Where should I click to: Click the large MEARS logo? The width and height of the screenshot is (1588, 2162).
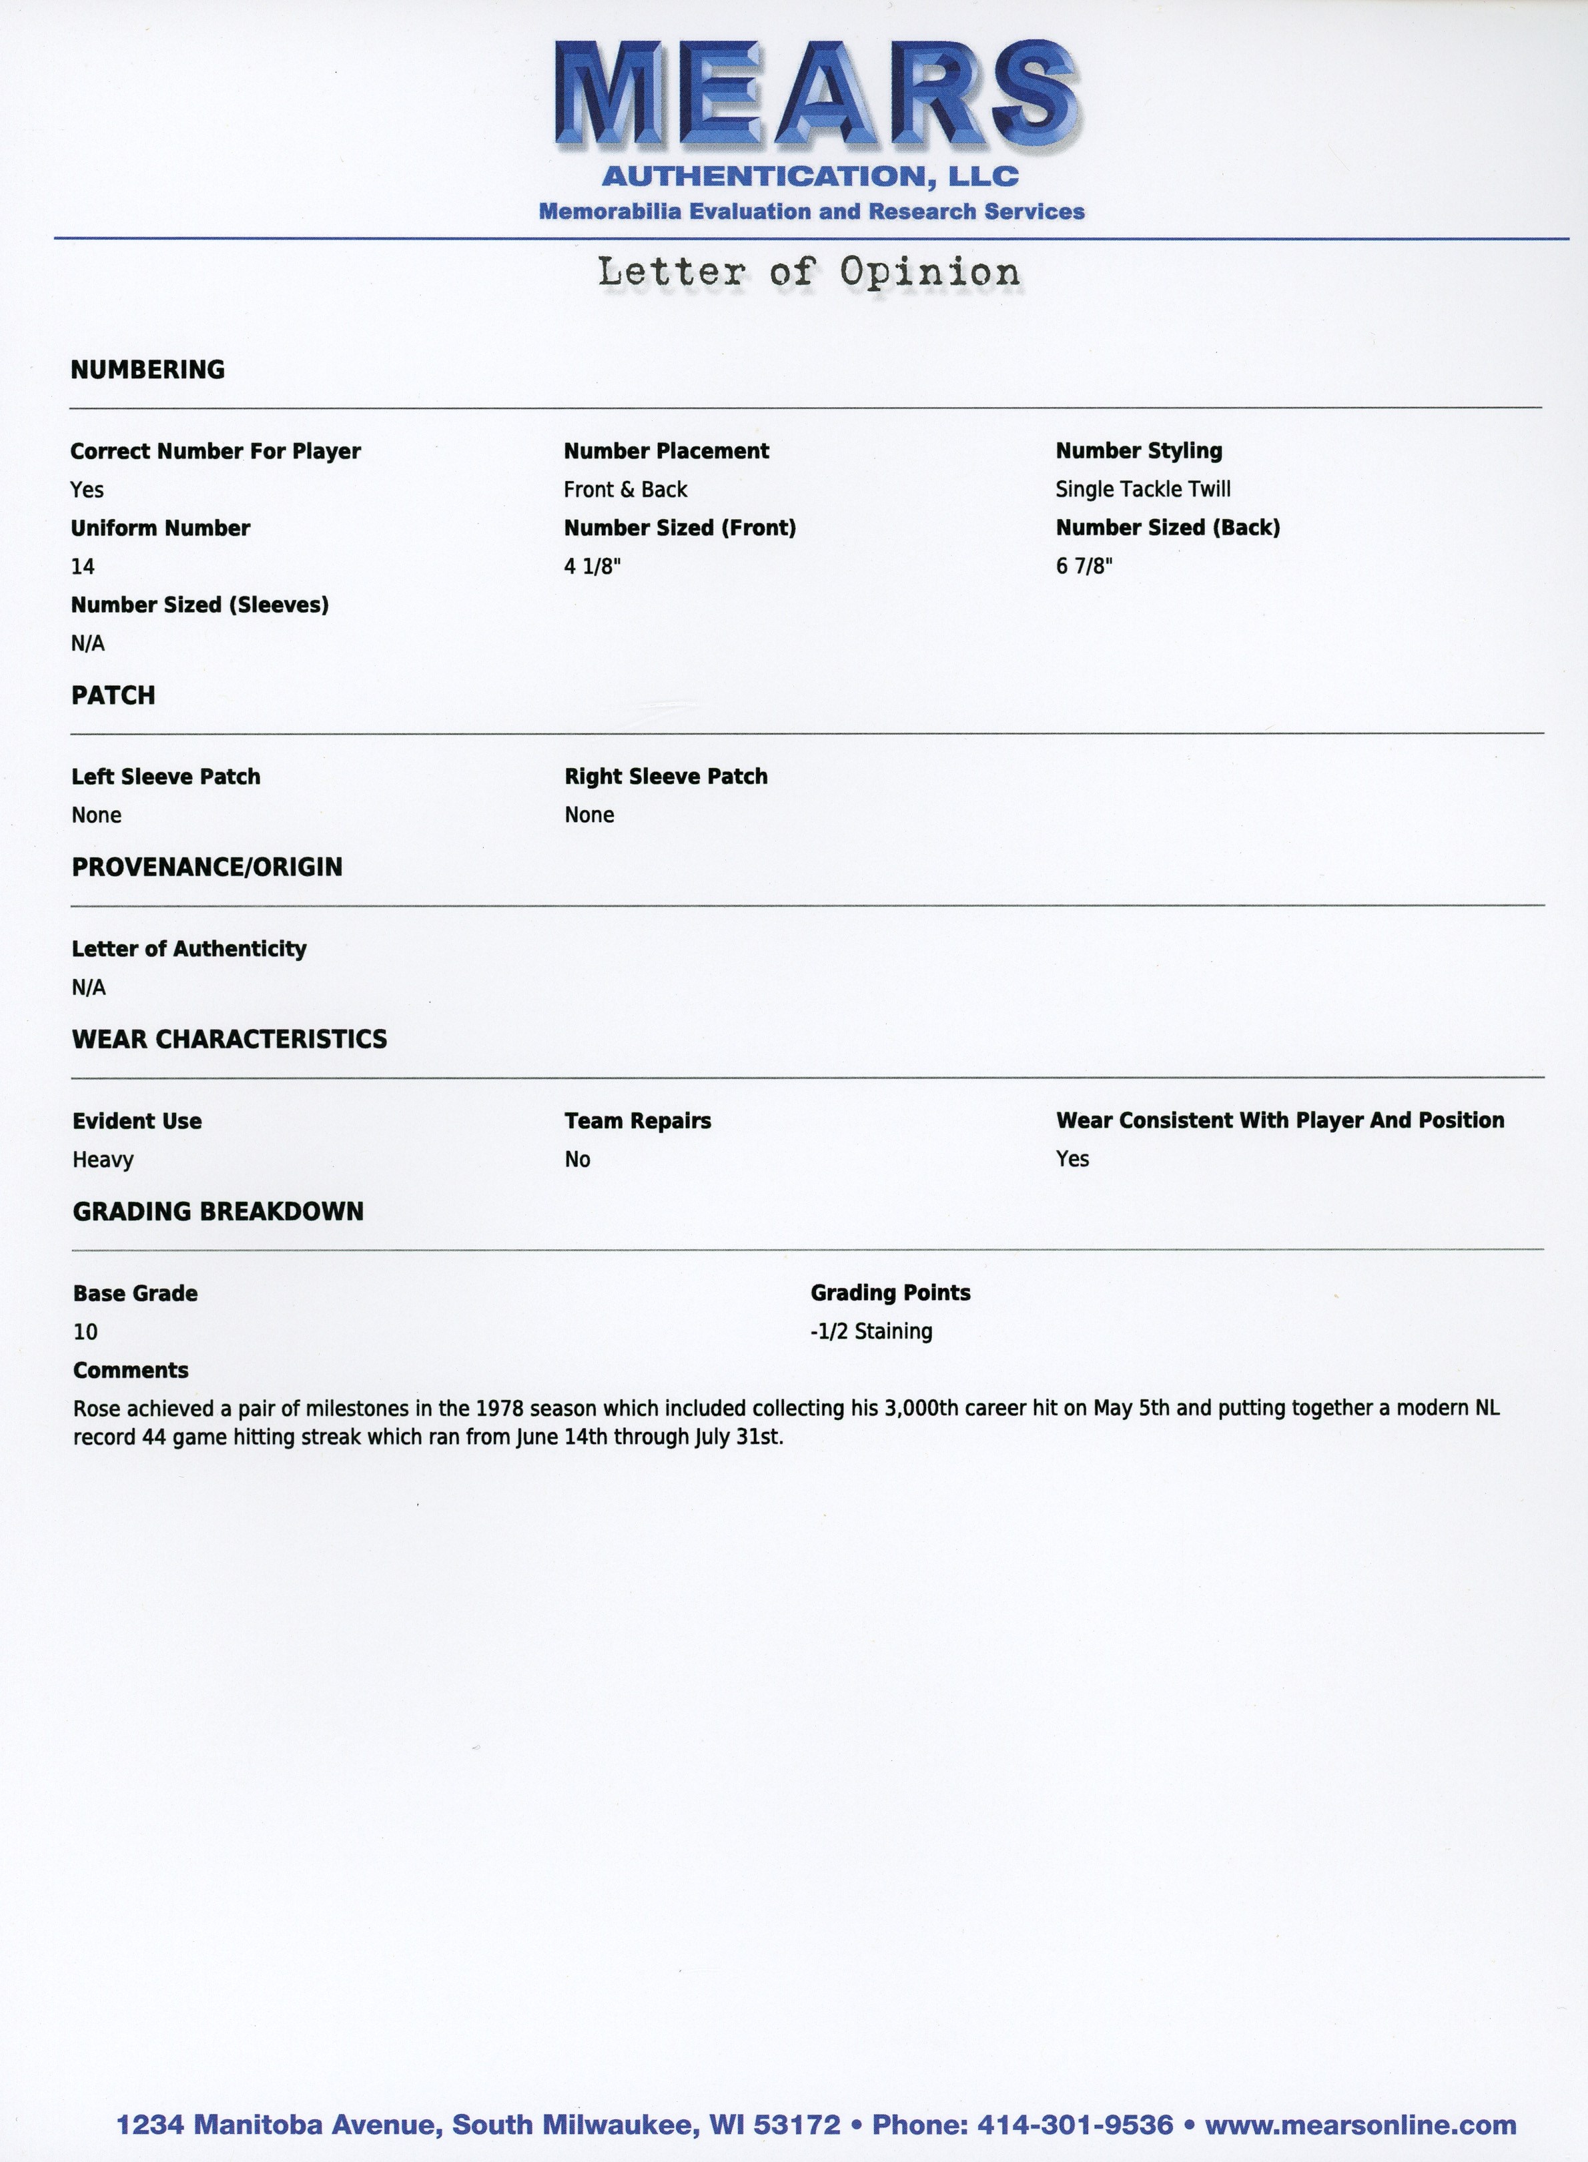point(817,96)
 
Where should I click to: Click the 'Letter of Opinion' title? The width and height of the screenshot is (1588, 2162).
point(809,272)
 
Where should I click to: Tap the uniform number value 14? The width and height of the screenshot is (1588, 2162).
point(83,567)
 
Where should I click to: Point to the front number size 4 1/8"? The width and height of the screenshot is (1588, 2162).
point(592,567)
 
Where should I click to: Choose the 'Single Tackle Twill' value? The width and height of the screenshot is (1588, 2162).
point(1143,489)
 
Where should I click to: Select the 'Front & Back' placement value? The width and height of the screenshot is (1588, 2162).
point(625,489)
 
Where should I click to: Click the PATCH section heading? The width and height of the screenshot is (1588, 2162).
point(113,695)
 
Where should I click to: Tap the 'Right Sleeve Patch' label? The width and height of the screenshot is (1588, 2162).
point(665,777)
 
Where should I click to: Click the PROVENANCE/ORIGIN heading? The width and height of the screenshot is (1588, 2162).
point(207,867)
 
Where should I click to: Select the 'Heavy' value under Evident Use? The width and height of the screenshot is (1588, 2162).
point(103,1159)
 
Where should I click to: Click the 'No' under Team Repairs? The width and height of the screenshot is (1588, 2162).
point(576,1159)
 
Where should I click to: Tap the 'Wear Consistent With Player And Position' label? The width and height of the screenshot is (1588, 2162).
point(1280,1120)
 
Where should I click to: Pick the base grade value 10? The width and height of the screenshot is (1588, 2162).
point(85,1331)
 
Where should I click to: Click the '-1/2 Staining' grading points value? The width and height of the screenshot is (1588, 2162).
point(871,1331)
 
